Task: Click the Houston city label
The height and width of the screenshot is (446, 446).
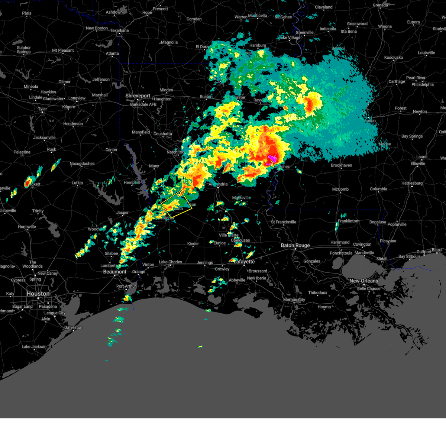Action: coord(38,294)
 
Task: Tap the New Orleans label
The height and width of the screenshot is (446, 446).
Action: coord(363,281)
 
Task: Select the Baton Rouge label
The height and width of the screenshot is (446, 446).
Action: coord(295,245)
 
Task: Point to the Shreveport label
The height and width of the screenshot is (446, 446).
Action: coord(138,96)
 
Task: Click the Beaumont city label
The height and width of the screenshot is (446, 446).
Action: coord(114,272)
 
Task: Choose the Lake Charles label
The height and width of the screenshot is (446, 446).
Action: coord(170,262)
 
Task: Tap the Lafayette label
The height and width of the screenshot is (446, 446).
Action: coord(244,262)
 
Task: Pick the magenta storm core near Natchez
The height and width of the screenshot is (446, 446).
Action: coord(272,159)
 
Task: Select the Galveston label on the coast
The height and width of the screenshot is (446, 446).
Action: coord(73,327)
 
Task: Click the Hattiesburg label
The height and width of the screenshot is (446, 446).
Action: coord(412,183)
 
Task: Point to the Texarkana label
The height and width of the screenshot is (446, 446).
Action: coord(119,30)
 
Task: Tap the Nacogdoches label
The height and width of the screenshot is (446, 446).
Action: coord(82,164)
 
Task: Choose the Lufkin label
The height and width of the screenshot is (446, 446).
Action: coord(77,182)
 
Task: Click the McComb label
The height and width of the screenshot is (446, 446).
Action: coord(340,189)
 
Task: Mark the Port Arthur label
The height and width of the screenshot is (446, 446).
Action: coord(126,286)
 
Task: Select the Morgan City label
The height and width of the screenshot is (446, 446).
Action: coord(294,300)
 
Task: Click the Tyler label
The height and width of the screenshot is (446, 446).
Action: coord(42,109)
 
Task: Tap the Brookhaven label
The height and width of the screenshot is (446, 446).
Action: coord(341,165)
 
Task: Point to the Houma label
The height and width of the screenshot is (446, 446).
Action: coord(324,307)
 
